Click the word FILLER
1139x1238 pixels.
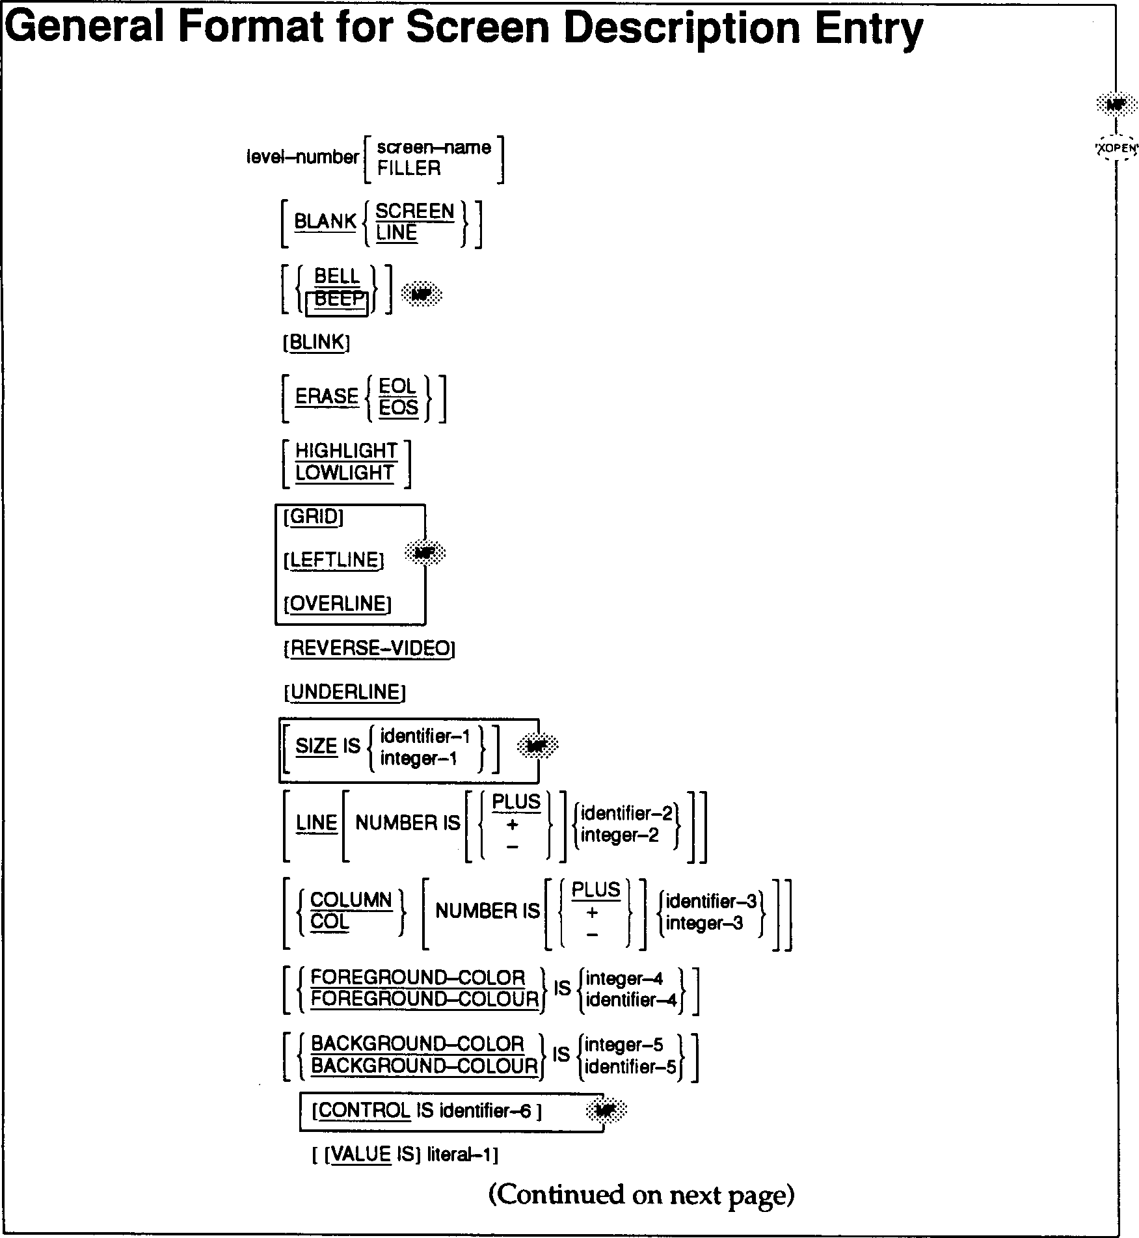tap(409, 168)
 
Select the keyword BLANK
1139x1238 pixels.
tap(325, 222)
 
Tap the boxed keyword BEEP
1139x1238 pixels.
tap(338, 300)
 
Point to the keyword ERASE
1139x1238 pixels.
tap(327, 397)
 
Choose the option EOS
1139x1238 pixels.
tap(398, 408)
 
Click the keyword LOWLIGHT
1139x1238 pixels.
tap(345, 474)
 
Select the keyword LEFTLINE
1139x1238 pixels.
tap(334, 561)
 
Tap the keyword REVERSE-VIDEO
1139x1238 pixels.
tap(369, 649)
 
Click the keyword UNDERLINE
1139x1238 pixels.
tap(345, 692)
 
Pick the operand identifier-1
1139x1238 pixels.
tap(425, 736)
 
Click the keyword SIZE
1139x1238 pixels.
tap(316, 746)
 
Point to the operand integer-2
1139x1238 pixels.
tap(619, 835)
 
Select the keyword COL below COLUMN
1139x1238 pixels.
tap(330, 922)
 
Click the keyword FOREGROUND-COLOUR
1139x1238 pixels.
tap(425, 999)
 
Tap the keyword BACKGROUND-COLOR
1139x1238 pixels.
tap(418, 1044)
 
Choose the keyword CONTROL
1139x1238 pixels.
tap(364, 1110)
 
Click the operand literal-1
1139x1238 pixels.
tap(461, 1155)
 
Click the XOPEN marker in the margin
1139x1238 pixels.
tap(1116, 148)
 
